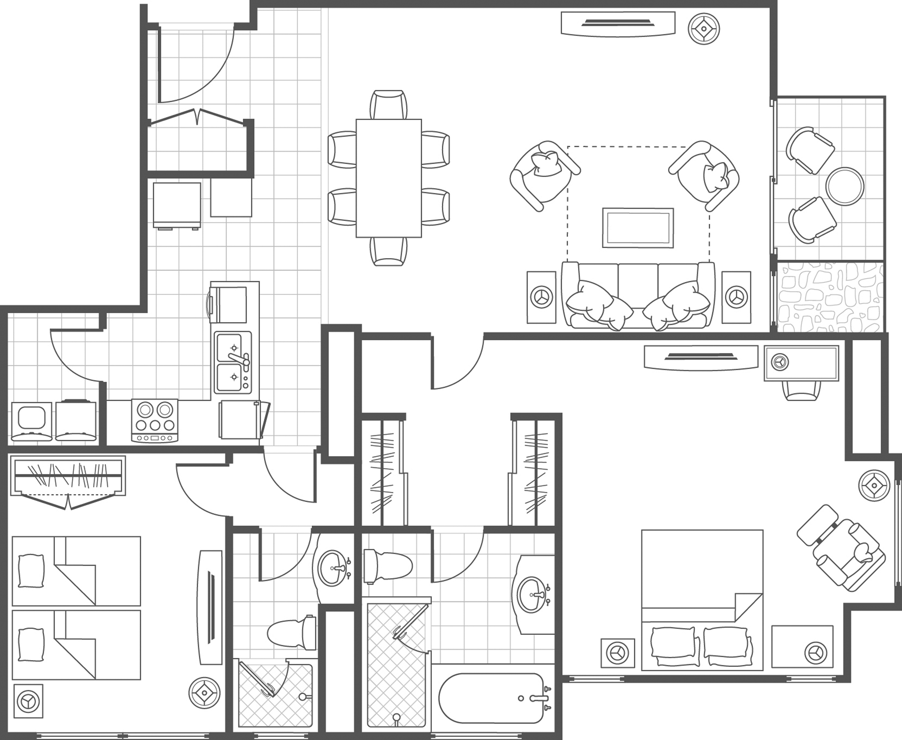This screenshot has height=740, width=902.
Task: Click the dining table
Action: coord(389,178)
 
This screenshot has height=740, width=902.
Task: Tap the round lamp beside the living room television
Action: coord(704,30)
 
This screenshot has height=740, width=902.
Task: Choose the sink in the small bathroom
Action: coord(333,568)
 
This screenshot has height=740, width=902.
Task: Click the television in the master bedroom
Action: coord(701,357)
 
